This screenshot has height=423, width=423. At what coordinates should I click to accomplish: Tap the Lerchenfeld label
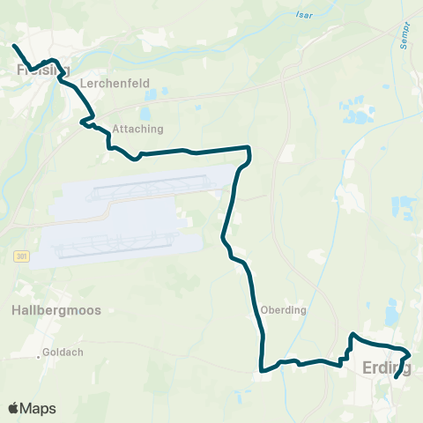tap(106, 84)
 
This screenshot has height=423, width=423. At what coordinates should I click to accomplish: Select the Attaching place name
tap(137, 128)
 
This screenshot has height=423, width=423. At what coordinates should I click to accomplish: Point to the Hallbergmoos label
tap(57, 310)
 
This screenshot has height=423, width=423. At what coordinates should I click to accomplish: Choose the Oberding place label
tap(283, 310)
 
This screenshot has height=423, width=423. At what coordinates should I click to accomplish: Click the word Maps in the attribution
tap(39, 409)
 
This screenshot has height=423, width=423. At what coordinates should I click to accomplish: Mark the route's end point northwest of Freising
tap(14, 46)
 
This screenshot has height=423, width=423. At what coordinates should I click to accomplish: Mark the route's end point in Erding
tap(397, 376)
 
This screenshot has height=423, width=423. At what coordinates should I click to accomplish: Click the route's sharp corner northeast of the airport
tap(249, 150)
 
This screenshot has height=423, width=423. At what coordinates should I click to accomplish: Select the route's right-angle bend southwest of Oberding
tap(261, 371)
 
